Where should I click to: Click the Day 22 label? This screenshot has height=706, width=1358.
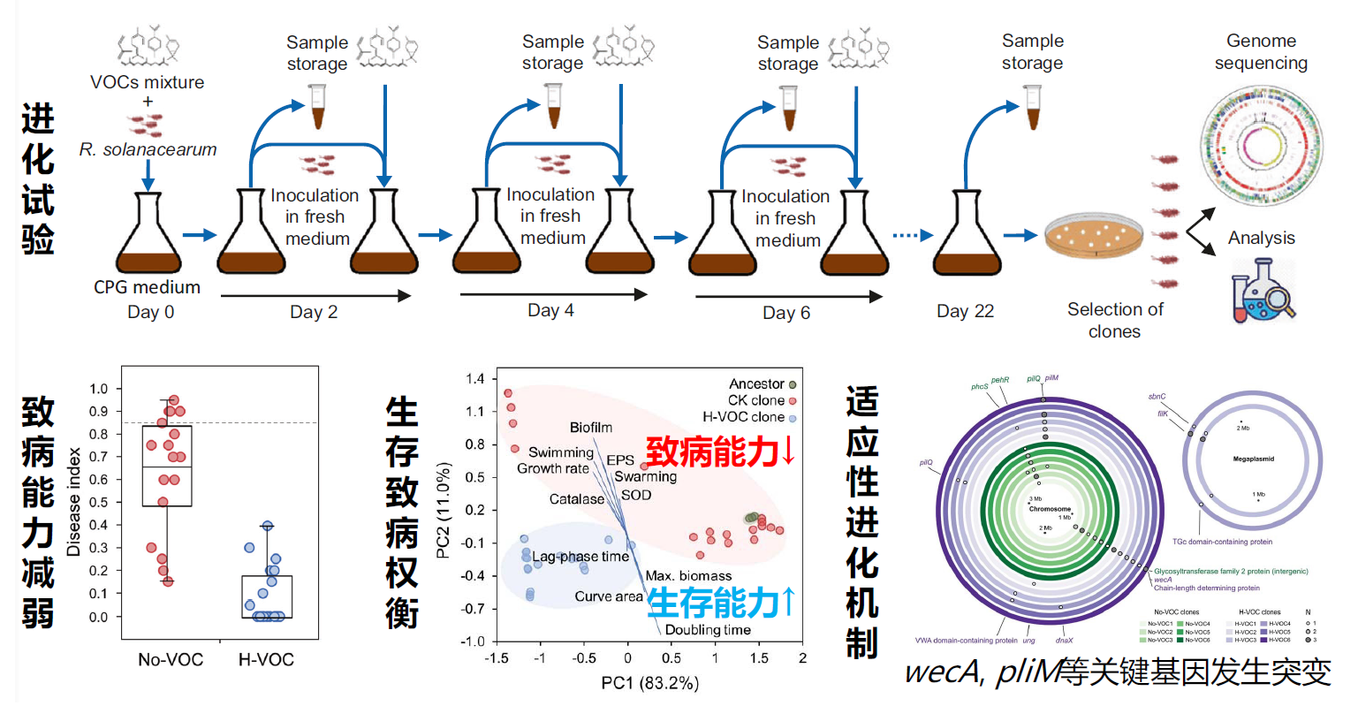pyautogui.click(x=965, y=311)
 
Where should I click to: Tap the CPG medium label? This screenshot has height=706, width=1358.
pyautogui.click(x=147, y=287)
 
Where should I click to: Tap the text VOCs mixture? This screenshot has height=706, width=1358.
pyautogui.click(x=147, y=82)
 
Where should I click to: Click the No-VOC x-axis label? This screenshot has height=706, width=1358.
pyautogui.click(x=171, y=659)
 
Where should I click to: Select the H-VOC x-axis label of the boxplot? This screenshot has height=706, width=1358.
pyautogui.click(x=266, y=659)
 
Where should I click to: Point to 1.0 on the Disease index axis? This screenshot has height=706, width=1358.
pyautogui.click(x=99, y=389)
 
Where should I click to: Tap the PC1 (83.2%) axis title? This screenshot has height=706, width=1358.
pyautogui.click(x=649, y=682)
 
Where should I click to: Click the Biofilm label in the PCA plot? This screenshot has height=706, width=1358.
pyautogui.click(x=590, y=428)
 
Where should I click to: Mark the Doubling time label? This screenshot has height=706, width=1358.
pyautogui.click(x=708, y=630)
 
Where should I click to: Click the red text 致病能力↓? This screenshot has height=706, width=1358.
pyautogui.click(x=720, y=452)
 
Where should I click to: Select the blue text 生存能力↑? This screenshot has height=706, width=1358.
pyautogui.click(x=720, y=603)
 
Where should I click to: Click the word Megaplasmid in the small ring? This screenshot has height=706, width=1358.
pyautogui.click(x=1253, y=459)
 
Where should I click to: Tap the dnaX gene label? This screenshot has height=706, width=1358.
pyautogui.click(x=1064, y=641)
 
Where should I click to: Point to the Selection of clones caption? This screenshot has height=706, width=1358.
pyautogui.click(x=1114, y=320)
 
